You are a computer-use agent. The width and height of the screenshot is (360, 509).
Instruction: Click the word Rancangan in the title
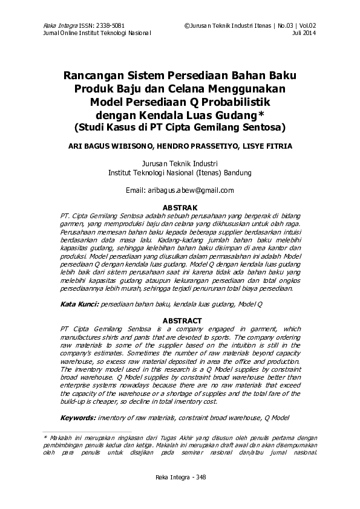pos(97,77)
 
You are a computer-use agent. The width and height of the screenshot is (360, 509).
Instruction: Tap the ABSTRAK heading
pos(180,207)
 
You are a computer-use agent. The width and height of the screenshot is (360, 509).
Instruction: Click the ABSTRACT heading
pos(180,320)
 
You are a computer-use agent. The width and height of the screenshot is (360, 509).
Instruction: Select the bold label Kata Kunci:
pos(79,306)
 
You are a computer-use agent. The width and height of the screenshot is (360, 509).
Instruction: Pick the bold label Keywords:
pos(79,418)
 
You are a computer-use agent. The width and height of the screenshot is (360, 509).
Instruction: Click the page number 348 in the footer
pos(200,478)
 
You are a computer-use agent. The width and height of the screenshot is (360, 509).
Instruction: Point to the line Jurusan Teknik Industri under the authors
pos(179,164)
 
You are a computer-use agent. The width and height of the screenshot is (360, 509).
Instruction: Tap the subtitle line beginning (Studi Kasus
pos(180,128)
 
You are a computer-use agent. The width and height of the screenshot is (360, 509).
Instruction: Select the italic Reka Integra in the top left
pos(56,26)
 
